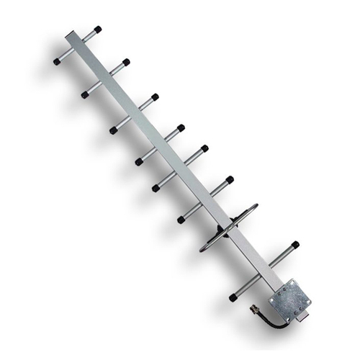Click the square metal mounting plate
click(291, 299)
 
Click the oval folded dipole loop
click(228, 228)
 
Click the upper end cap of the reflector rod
click(295, 245)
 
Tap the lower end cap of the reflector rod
click(233, 297)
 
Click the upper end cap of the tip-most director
click(98, 30)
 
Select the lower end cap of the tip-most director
click(57, 62)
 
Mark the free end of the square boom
click(73, 35)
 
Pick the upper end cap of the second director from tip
click(126, 62)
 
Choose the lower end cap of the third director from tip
click(113, 131)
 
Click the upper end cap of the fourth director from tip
click(181, 127)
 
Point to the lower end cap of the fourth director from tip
click(138, 162)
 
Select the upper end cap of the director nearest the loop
click(230, 179)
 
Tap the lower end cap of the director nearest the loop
click(181, 220)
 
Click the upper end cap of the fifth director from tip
click(204, 148)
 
